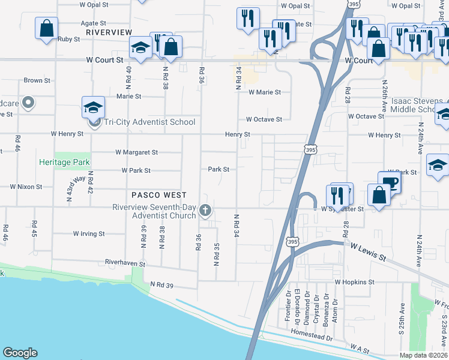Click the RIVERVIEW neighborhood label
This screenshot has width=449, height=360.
pyautogui.click(x=109, y=31)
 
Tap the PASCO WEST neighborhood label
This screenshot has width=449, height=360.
pyautogui.click(x=159, y=195)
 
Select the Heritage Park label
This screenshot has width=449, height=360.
pyautogui.click(x=64, y=163)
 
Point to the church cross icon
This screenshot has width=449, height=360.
pyautogui.click(x=205, y=210)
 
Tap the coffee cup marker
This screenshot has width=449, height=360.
pyautogui.click(x=389, y=182)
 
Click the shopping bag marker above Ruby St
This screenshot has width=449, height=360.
pyautogui.click(x=46, y=28)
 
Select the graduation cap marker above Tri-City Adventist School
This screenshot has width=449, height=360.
pyautogui.click(x=93, y=107)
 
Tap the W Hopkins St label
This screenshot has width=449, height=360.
pyautogui.click(x=355, y=281)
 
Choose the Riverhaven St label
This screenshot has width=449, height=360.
pyautogui.click(x=125, y=263)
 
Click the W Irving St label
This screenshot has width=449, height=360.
pyautogui.click(x=89, y=233)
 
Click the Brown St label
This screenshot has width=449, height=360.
pyautogui.click(x=33, y=80)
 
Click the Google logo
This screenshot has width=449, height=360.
pyautogui.click(x=20, y=353)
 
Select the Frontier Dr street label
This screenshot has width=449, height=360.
pyautogui.click(x=288, y=307)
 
